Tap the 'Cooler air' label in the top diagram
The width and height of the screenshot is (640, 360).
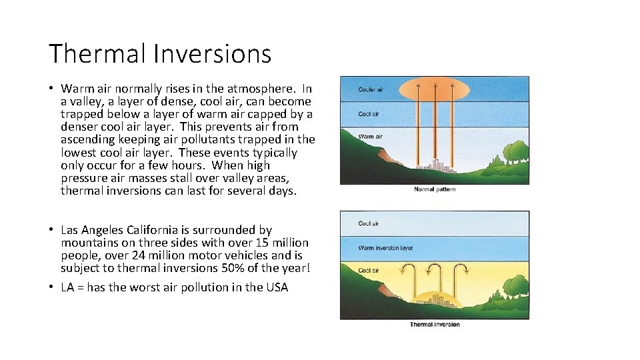click(x=371, y=89)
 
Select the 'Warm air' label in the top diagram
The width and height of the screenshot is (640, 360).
click(x=370, y=137)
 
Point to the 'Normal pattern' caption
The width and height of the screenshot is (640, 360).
click(x=435, y=189)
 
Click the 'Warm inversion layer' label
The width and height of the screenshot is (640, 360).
click(x=385, y=248)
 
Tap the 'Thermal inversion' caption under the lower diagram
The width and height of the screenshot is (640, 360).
click(x=435, y=325)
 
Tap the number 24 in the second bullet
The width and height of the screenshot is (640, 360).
click(x=139, y=255)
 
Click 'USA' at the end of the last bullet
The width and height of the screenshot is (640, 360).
click(x=277, y=287)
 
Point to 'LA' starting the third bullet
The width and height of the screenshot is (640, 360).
click(x=67, y=287)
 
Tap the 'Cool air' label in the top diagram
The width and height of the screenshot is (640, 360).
click(x=369, y=113)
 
